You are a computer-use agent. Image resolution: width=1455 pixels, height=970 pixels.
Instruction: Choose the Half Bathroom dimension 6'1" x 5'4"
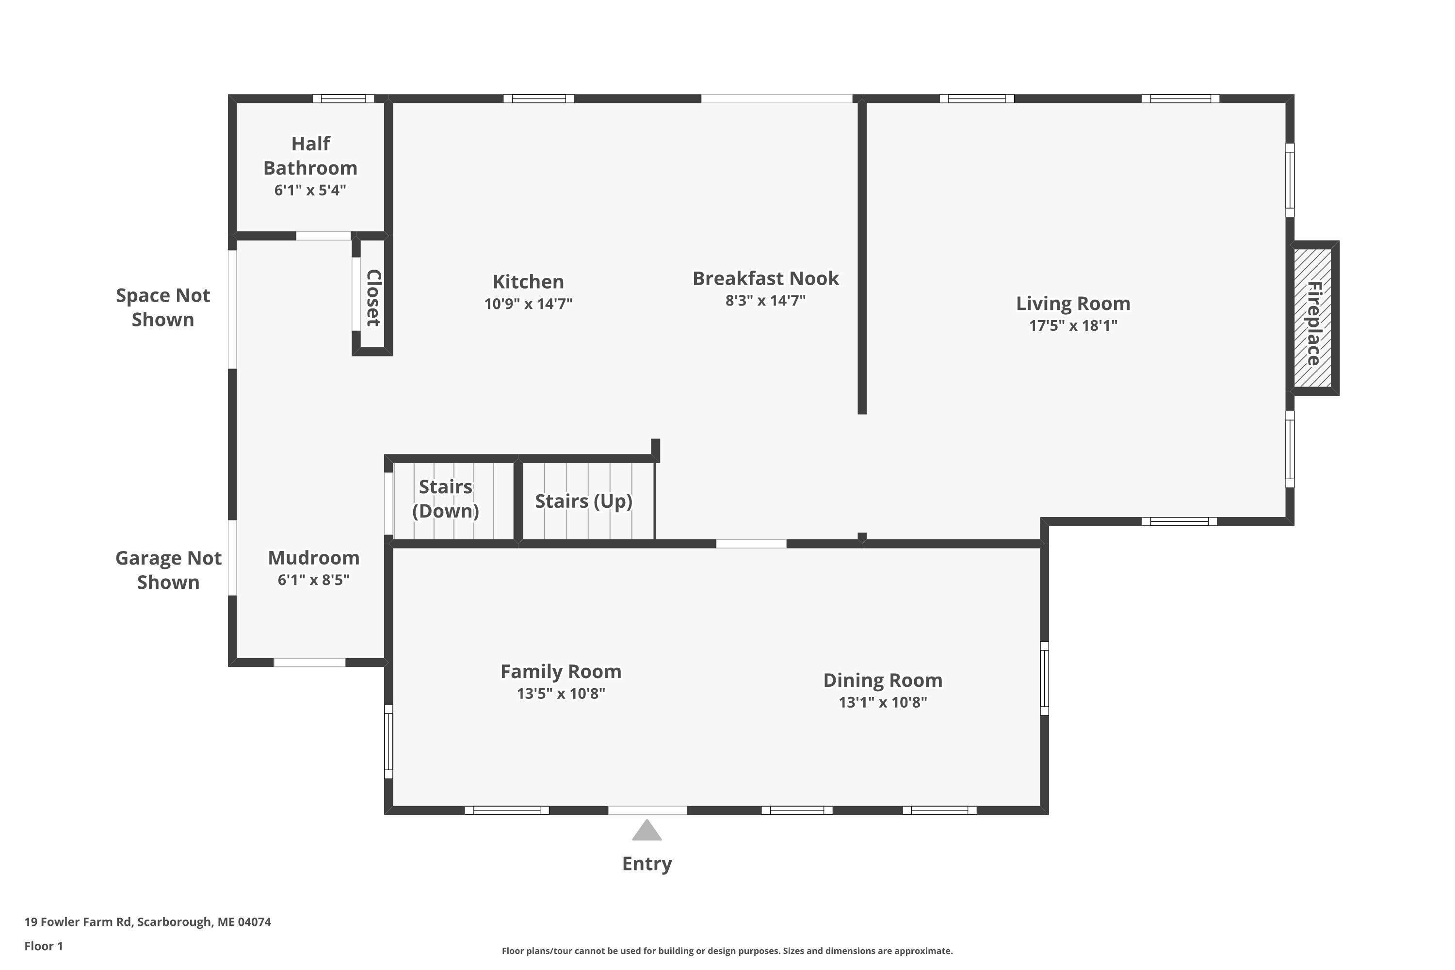point(310,190)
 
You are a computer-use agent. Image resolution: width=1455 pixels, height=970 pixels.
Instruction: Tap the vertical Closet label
point(373,298)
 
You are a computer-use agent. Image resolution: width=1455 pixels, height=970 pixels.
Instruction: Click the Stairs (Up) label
point(583,501)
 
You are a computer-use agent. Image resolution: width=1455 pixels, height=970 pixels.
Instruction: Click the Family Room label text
point(561,671)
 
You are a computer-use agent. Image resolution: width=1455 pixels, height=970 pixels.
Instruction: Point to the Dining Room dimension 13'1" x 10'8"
point(883,702)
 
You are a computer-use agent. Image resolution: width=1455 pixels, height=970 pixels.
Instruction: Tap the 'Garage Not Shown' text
point(168,570)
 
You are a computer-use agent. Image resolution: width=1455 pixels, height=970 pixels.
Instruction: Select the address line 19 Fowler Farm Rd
point(148,922)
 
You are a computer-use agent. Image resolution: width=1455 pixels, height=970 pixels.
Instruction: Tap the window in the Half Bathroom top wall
point(343,98)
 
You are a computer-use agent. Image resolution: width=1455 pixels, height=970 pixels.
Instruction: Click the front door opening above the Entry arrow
point(647,810)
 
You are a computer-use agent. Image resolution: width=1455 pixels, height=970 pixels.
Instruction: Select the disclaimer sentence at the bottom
point(727,951)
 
